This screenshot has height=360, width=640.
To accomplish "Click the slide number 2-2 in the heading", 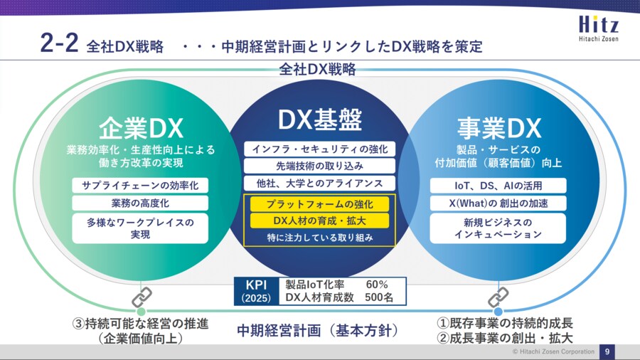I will tap(58, 44).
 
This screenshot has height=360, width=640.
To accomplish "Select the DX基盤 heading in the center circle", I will tap(319, 120).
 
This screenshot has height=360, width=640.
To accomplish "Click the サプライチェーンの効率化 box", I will tap(140, 185).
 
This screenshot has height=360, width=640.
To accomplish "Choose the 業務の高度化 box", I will tap(140, 203).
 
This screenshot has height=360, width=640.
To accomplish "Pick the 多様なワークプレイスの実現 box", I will tap(140, 228).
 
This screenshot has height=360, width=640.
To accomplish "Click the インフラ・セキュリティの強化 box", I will tap(319, 149).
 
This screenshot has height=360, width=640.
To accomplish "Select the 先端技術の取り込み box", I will tap(319, 166).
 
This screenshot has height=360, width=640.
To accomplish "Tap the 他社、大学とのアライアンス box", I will tap(319, 184).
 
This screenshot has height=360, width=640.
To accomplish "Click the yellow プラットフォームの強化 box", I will tap(319, 204).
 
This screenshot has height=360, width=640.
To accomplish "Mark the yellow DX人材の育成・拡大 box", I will tap(319, 221).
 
